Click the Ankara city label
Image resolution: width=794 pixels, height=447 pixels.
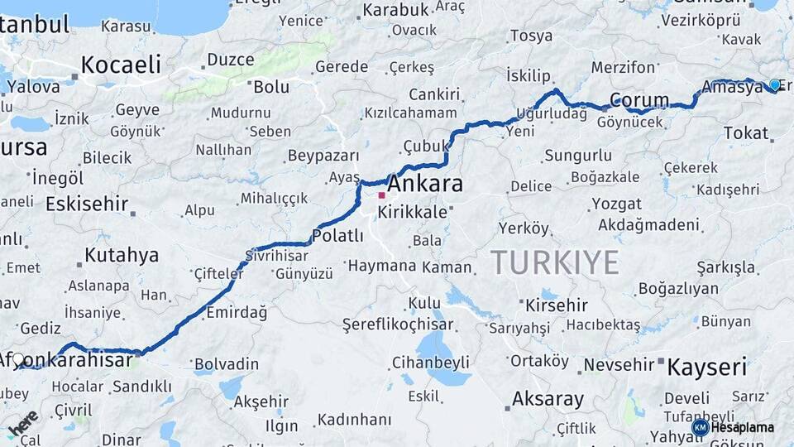[425, 183]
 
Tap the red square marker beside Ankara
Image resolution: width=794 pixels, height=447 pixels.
[381, 196]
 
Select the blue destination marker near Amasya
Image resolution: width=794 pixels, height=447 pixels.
[774, 84]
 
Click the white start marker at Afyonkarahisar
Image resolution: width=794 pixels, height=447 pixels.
[18, 359]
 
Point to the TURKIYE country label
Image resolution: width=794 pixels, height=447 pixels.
[555, 262]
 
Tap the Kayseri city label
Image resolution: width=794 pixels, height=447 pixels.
[707, 366]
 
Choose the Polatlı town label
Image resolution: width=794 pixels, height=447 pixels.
[337, 235]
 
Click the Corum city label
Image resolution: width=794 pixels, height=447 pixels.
[639, 101]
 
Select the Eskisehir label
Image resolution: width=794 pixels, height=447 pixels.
[87, 204]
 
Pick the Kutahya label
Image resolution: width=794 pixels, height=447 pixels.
[121, 254]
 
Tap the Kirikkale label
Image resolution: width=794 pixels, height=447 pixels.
[413, 212]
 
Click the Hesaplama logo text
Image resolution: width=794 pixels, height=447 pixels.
[744, 427]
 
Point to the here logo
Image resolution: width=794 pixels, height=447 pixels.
[22, 423]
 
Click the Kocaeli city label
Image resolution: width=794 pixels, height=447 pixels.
[121, 65]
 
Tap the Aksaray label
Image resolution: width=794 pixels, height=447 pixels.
[548, 398]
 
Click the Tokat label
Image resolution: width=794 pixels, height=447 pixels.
[746, 132]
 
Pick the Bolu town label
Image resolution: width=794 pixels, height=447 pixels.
[271, 86]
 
